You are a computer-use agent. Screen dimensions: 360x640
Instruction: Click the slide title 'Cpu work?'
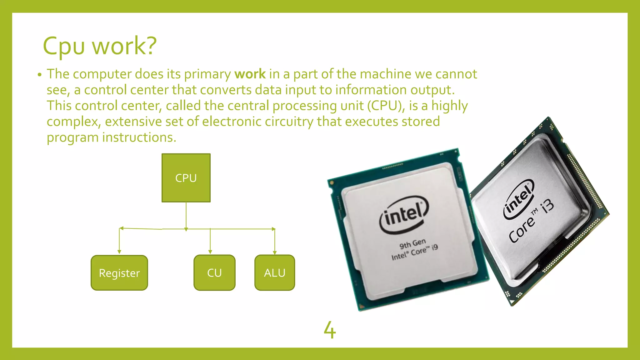pos(99,46)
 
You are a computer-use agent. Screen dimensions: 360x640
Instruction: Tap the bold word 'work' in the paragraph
pos(250,74)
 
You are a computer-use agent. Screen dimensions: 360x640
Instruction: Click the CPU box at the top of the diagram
pos(186,178)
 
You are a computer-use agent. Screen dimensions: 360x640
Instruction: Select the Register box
pos(119,273)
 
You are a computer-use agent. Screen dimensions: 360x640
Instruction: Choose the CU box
pos(214,273)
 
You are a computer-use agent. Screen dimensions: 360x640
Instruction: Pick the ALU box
pos(274,273)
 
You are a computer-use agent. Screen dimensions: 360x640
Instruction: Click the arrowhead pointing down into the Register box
pos(119,252)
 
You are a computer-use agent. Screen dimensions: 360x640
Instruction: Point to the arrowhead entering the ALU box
pos(275,252)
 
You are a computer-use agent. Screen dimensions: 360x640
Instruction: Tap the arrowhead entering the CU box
pos(210,252)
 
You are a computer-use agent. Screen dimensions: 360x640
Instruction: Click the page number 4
pos(330,330)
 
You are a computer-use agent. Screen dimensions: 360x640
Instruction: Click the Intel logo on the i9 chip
pos(404,215)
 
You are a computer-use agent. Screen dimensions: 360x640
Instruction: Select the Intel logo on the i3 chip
pos(518,199)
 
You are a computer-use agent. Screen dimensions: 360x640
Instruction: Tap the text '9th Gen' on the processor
pos(412,243)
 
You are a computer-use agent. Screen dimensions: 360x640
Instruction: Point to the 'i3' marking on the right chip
pos(547,206)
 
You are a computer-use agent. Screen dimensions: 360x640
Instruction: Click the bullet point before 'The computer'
pos(39,75)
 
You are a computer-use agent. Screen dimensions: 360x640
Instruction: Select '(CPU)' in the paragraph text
pos(384,106)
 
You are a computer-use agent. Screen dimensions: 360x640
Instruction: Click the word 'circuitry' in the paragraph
pos(289,122)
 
